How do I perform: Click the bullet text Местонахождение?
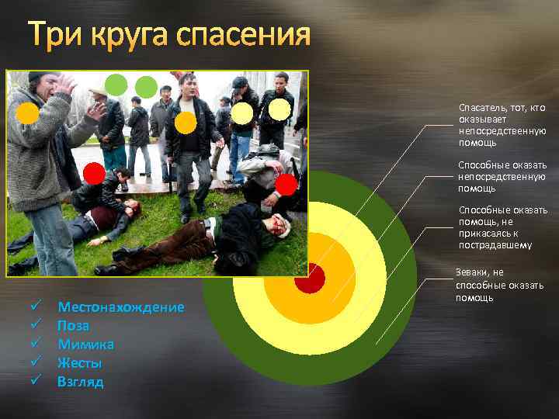point(121,307)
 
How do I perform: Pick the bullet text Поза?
point(74,326)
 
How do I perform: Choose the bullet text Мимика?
point(86,345)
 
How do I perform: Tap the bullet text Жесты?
point(80,363)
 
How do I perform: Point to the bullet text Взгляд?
point(80,382)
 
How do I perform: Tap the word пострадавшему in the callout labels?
point(495,246)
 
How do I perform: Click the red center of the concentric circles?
point(309,279)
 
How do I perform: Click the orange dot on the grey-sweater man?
point(28,114)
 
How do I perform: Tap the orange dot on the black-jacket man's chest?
point(186,122)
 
